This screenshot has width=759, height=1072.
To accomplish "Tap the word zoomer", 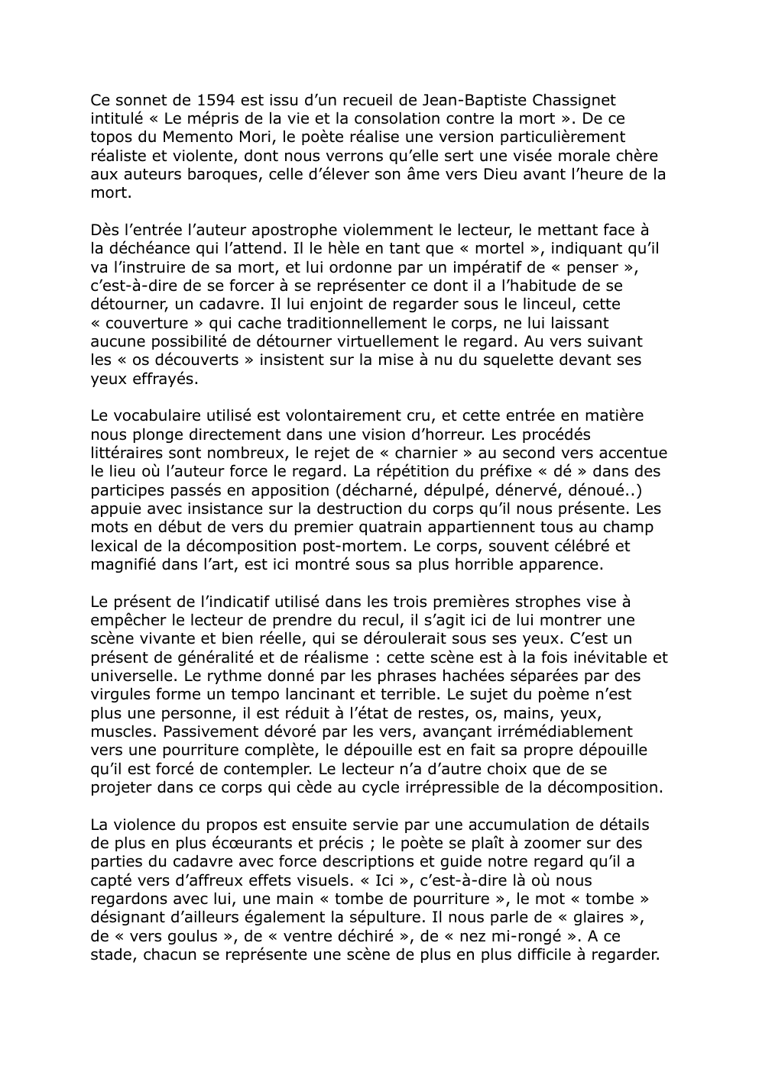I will (x=527, y=844).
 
